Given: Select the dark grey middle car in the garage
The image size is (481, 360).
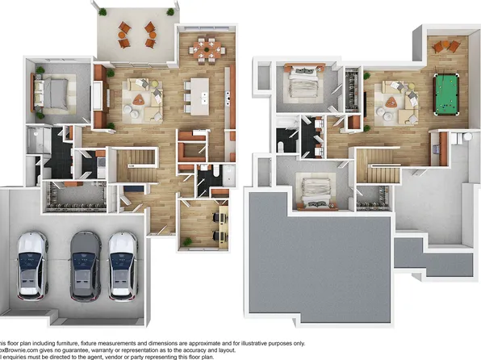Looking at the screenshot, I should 83,265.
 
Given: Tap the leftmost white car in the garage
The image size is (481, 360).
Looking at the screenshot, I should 33,263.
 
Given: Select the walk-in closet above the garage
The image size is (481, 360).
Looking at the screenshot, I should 78,196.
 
